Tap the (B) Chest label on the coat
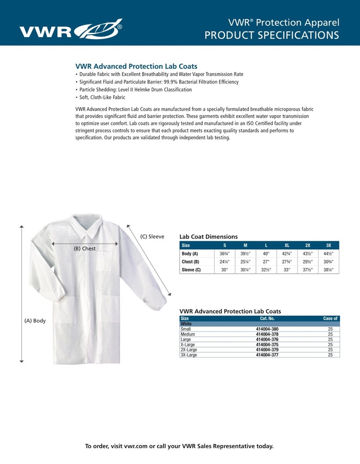[84, 249]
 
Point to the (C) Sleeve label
[152, 237]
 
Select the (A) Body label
[35, 321]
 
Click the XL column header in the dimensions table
[287, 245]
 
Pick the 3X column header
[328, 245]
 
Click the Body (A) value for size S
[225, 254]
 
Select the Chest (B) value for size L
[266, 262]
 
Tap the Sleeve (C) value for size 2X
[308, 270]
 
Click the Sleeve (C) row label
[191, 270]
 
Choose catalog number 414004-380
[267, 329]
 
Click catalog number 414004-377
[267, 355]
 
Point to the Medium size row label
[187, 334]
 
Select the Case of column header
[330, 319]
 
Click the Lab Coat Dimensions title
[208, 237]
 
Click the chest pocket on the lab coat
[105, 262]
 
